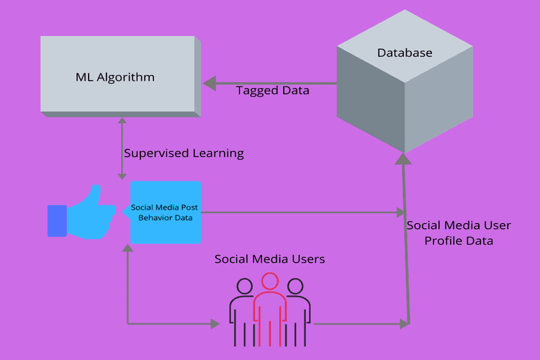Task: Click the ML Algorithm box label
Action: click(115, 77)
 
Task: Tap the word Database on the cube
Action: click(405, 53)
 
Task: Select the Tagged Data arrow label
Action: click(272, 91)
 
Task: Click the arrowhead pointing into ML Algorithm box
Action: click(209, 84)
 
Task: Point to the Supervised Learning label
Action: click(184, 153)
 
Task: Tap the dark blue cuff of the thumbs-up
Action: click(56, 220)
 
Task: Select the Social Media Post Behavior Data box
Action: click(165, 212)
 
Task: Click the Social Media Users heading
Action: click(269, 258)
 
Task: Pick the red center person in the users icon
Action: click(270, 302)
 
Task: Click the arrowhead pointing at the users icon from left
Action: click(214, 324)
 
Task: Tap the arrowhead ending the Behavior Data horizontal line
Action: click(401, 212)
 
